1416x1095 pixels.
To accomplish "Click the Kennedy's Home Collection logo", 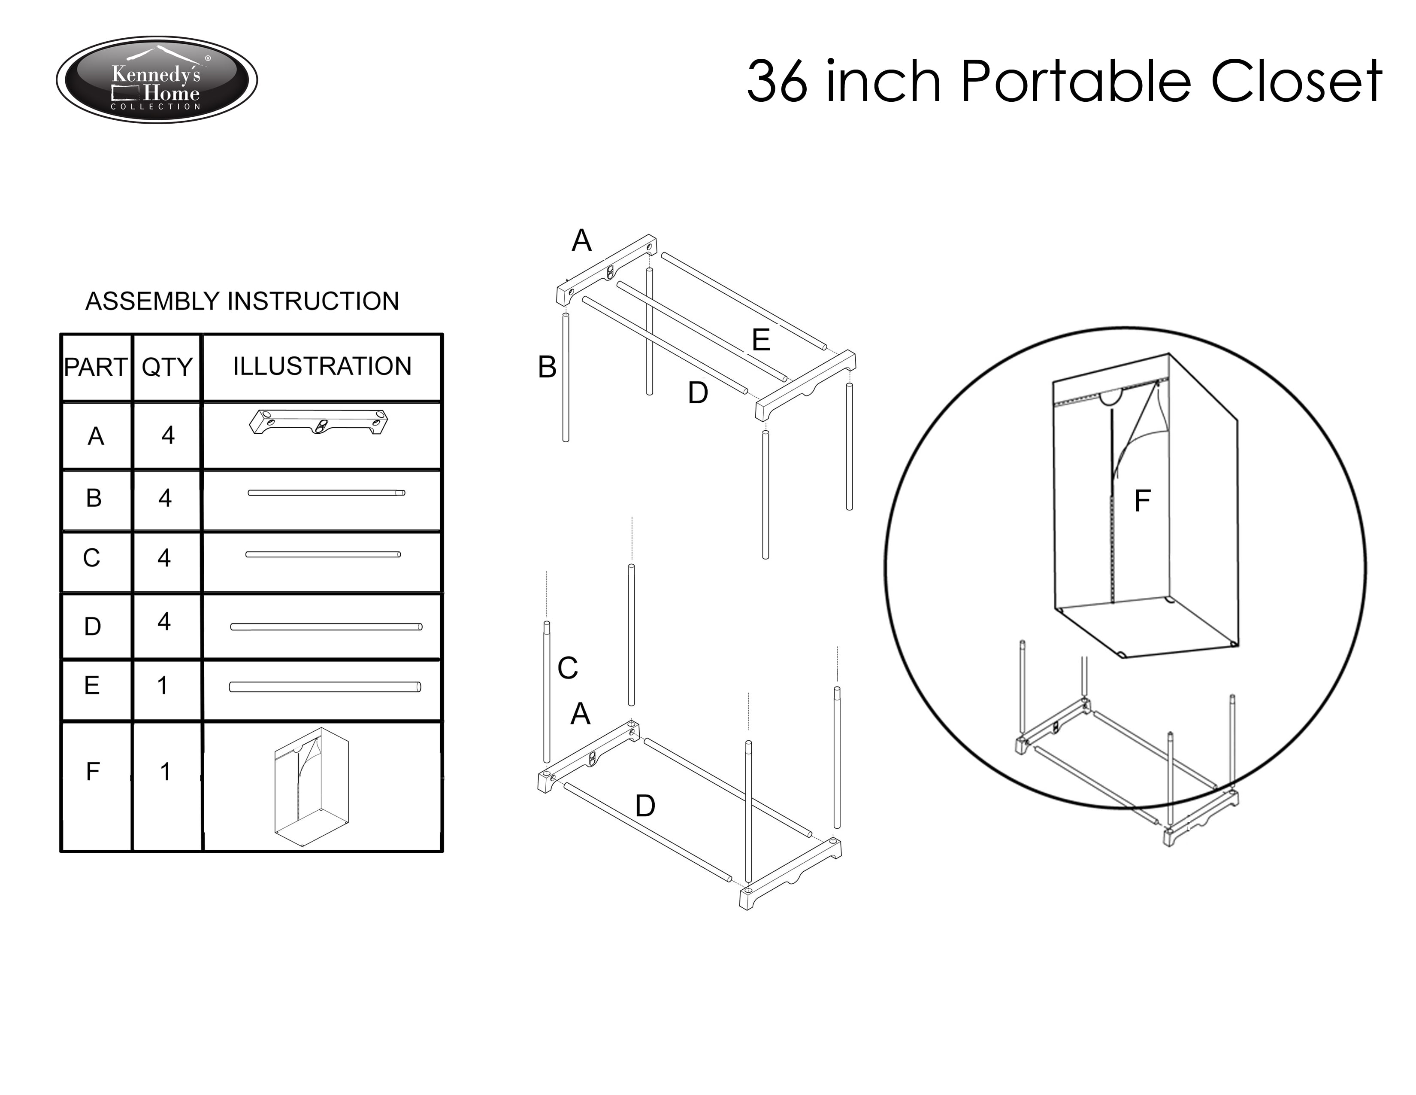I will pyautogui.click(x=157, y=80).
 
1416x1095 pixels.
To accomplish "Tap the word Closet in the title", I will pyautogui.click(x=1297, y=81).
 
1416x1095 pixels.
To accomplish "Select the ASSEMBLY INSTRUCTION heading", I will pyautogui.click(x=242, y=301).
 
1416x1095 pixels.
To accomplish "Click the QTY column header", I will pyautogui.click(x=167, y=367).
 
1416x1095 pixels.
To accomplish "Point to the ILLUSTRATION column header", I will pyautogui.click(x=322, y=367).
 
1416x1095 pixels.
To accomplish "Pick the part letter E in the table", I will pyautogui.click(x=92, y=685).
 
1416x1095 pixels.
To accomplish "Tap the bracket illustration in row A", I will pyautogui.click(x=319, y=422).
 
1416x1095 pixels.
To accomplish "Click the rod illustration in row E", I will pyautogui.click(x=325, y=687).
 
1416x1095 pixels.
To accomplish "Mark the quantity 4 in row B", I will pyautogui.click(x=165, y=498).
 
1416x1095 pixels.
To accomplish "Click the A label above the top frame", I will pyautogui.click(x=581, y=240).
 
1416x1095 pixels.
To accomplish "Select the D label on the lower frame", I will pyautogui.click(x=645, y=806).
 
